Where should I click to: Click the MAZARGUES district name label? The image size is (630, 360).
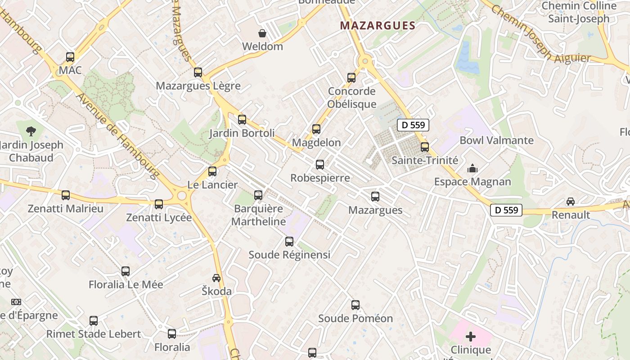click(378, 26)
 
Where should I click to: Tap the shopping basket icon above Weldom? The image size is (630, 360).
click(262, 33)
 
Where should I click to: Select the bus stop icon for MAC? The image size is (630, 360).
click(70, 57)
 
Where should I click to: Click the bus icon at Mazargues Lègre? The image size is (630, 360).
click(198, 72)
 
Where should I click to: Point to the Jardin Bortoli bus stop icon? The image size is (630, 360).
click(242, 120)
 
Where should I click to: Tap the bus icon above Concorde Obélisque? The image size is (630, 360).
click(351, 78)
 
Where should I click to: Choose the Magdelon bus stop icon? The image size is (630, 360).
click(316, 129)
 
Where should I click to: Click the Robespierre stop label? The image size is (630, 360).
click(320, 178)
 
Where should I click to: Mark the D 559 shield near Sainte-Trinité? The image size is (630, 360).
click(413, 125)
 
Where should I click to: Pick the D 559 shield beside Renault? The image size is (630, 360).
click(506, 210)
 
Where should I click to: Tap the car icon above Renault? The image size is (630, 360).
click(571, 202)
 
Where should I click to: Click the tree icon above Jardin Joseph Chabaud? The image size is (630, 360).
click(31, 131)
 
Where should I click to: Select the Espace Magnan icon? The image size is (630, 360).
click(472, 169)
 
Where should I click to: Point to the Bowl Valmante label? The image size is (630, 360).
click(496, 140)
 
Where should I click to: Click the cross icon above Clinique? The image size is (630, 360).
click(471, 337)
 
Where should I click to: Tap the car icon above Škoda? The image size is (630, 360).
click(216, 278)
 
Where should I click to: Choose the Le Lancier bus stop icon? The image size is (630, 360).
click(212, 171)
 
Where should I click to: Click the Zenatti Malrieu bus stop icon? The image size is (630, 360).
click(66, 195)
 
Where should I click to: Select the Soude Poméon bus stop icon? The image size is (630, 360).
click(355, 305)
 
